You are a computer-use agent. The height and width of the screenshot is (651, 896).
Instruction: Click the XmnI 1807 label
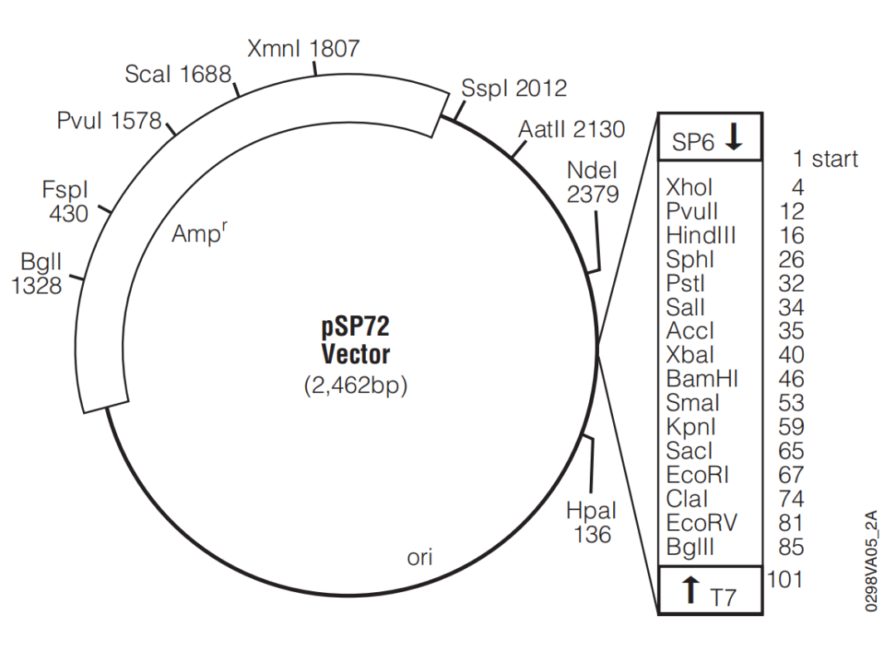(304, 49)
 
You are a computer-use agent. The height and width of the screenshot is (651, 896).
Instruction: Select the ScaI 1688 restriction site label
(178, 75)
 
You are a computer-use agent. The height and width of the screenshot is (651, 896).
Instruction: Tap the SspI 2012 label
(514, 89)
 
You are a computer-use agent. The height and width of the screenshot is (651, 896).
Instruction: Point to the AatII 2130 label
(572, 129)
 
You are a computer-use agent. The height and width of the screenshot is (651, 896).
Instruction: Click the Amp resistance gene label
(199, 233)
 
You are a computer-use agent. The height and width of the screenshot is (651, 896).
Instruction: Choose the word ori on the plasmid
(420, 557)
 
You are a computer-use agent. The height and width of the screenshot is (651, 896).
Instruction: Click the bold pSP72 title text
(355, 327)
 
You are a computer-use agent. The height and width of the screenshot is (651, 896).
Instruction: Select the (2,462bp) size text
(355, 386)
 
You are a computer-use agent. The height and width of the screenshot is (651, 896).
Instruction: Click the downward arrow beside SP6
(733, 137)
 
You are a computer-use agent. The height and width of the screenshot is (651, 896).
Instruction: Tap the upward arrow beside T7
(691, 589)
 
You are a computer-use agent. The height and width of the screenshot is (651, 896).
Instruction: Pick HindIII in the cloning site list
(701, 236)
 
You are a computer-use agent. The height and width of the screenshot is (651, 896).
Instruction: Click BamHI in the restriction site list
(703, 379)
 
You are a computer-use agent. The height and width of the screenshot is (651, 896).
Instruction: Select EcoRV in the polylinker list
(702, 523)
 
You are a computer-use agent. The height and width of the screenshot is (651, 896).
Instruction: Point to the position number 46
(791, 379)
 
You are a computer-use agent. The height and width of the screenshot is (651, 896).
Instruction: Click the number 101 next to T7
(785, 580)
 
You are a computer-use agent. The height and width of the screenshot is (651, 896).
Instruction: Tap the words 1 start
(825, 158)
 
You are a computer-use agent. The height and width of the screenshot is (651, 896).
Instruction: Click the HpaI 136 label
(592, 522)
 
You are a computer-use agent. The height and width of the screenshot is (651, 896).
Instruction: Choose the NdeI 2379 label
(592, 182)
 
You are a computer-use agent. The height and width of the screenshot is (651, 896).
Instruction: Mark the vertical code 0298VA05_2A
(870, 561)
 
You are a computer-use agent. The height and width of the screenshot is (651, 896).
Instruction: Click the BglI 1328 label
(37, 274)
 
